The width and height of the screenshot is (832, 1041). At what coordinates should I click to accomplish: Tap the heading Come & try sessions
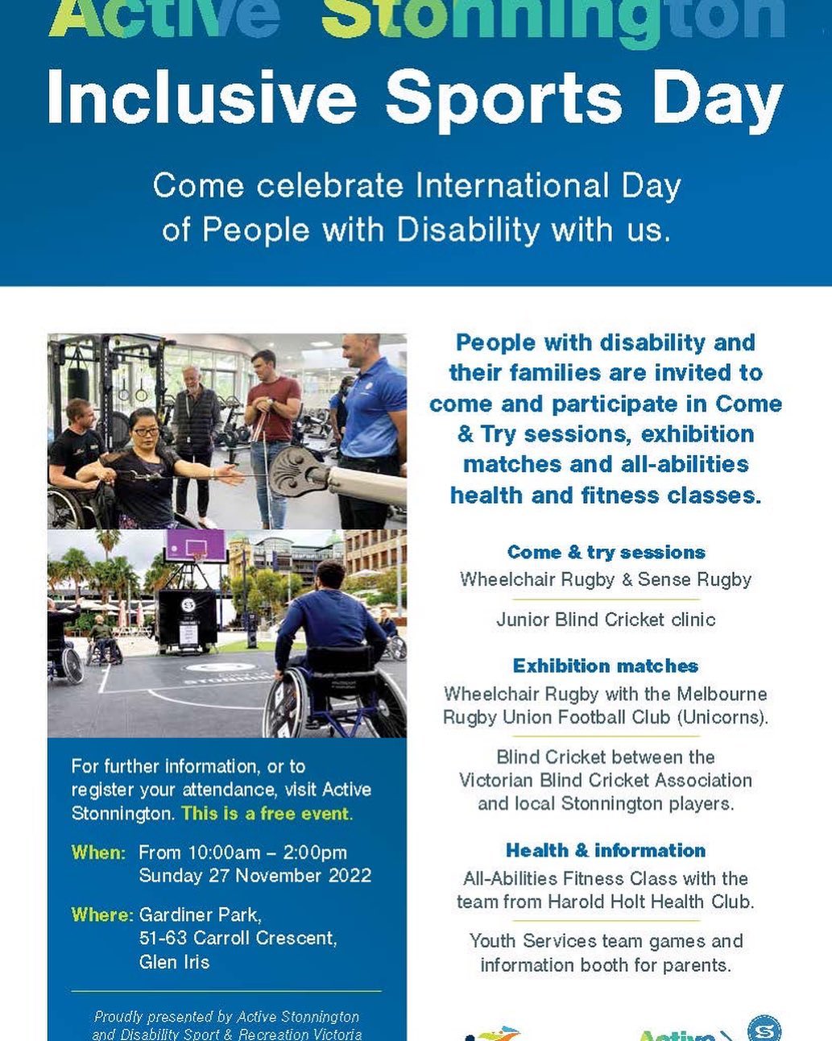(606, 553)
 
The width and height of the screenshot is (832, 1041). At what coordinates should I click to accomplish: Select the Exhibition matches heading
(606, 666)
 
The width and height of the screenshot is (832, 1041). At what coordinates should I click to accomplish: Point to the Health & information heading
(606, 851)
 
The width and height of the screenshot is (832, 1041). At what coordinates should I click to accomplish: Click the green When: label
(98, 852)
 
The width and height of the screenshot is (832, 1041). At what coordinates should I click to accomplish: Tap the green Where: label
(101, 915)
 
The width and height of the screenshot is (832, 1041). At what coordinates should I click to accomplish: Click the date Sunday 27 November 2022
(255, 876)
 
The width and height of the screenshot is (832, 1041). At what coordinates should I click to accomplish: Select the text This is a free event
(267, 814)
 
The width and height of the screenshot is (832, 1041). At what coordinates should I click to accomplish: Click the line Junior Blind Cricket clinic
(606, 620)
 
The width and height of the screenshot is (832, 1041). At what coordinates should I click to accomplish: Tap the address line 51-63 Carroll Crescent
(238, 939)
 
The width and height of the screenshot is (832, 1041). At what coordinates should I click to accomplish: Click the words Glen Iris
(174, 962)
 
